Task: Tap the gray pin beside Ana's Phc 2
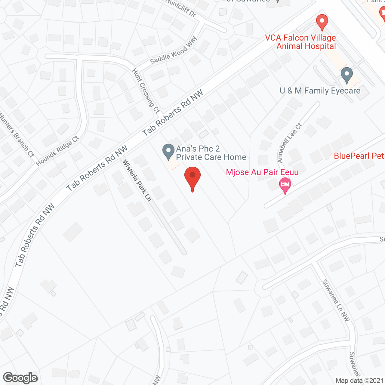168,152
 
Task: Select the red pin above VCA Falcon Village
322,22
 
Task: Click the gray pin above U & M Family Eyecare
346,75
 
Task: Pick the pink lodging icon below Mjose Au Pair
285,185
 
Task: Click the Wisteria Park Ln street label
137,180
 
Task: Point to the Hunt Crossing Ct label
146,91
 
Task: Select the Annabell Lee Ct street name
290,143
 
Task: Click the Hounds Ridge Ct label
57,151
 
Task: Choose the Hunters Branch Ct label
17,135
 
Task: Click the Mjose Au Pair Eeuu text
262,172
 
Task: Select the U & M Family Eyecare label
320,91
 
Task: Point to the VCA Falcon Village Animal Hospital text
300,42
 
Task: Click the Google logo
20,378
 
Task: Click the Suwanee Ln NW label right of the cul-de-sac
336,300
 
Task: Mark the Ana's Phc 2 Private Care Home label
211,153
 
